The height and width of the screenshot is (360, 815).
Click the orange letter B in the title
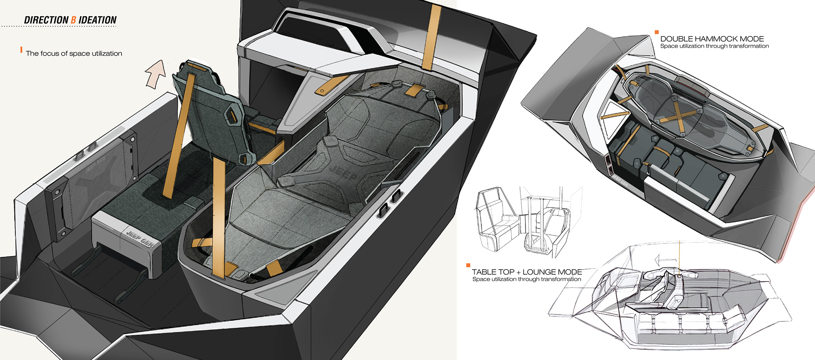click(x=73, y=20)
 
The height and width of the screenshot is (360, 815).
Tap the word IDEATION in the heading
click(x=98, y=20)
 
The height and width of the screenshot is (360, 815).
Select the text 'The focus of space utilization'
click(x=74, y=53)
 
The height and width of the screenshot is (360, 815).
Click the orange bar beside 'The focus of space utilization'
click(x=21, y=50)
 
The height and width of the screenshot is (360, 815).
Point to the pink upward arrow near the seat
click(x=156, y=73)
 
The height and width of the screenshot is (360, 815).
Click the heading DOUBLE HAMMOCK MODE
click(x=712, y=39)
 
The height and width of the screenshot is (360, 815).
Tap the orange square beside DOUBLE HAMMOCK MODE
click(x=657, y=32)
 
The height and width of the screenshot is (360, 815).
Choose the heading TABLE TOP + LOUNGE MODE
click(x=527, y=272)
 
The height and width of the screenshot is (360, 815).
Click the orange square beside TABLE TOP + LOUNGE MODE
click(x=468, y=265)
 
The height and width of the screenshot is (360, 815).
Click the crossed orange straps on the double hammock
click(x=679, y=113)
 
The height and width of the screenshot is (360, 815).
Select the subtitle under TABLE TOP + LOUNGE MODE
click(x=526, y=279)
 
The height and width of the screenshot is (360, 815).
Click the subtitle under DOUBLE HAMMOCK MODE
click(x=714, y=46)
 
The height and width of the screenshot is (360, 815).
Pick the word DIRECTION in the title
click(x=46, y=20)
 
